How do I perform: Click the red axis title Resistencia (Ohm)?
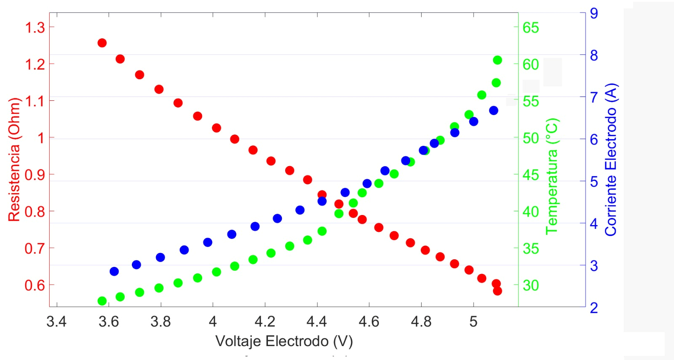point(14,159)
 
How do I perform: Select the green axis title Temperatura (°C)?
point(551,176)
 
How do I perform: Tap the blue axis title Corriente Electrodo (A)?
point(611,159)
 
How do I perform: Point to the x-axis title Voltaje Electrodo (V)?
point(284,341)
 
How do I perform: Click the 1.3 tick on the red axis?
point(35,27)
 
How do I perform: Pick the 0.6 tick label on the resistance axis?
point(35,285)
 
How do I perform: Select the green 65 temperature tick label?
point(531,28)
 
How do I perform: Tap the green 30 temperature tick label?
point(531,285)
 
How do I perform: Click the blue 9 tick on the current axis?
point(594,13)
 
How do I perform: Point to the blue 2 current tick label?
point(594,308)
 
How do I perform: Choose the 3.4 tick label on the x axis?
point(56,322)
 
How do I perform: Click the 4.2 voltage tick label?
point(265,322)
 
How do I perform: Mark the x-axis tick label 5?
point(473,322)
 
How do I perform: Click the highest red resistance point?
point(102,43)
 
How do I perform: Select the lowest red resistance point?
point(497,291)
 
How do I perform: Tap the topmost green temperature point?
point(497,60)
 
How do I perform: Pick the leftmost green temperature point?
point(102,301)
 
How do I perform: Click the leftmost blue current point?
point(114,271)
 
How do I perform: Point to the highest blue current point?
point(494,110)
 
